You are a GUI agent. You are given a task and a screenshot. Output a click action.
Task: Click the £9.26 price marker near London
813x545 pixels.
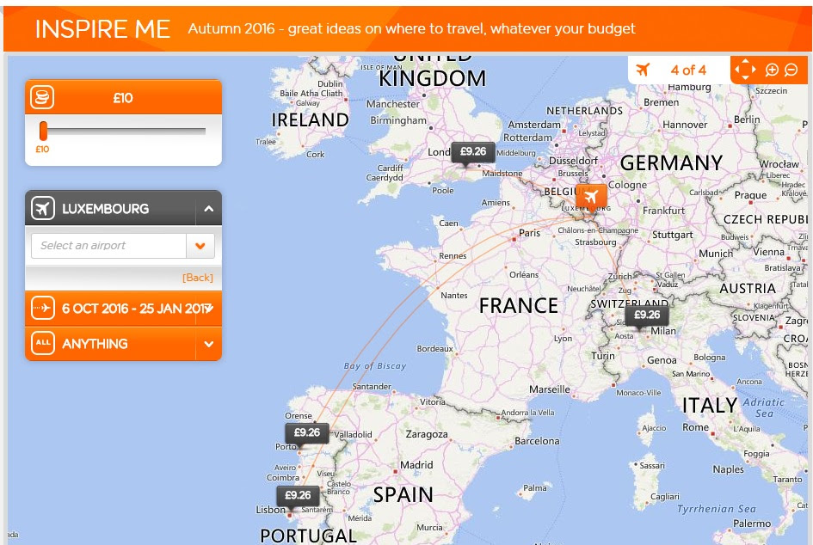pos(472,152)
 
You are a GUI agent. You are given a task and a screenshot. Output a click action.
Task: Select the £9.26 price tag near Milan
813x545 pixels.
pos(646,315)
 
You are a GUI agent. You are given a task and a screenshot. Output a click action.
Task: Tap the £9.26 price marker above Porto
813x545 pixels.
pos(307,432)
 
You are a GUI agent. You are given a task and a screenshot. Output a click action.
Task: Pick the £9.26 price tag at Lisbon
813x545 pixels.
pos(298,495)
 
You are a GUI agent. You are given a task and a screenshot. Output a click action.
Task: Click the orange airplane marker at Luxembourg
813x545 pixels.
pos(591,197)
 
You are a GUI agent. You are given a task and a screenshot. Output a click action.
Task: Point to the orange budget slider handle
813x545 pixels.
pos(43,131)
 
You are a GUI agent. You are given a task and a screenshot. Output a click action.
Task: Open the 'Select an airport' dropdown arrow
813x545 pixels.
pos(200,246)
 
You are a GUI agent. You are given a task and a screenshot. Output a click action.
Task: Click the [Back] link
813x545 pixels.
pos(197,278)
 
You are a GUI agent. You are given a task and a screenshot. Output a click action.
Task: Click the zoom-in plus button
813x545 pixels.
pos(772,70)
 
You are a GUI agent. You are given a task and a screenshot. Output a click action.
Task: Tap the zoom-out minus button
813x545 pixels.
pos(791,70)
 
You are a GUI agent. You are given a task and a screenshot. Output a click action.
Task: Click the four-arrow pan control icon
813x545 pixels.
pos(745,70)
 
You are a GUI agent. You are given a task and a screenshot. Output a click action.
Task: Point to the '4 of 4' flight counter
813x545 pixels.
pos(688,70)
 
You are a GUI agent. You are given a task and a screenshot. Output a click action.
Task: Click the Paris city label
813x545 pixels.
pos(529,233)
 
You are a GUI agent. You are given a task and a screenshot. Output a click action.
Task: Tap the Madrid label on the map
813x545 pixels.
pos(416,465)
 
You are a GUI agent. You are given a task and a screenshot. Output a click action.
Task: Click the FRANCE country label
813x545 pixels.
pos(518,305)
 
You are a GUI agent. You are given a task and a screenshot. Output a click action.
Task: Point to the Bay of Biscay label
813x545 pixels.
pos(375,366)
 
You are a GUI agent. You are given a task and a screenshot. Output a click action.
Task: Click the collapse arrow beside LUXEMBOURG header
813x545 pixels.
pos(208,209)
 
